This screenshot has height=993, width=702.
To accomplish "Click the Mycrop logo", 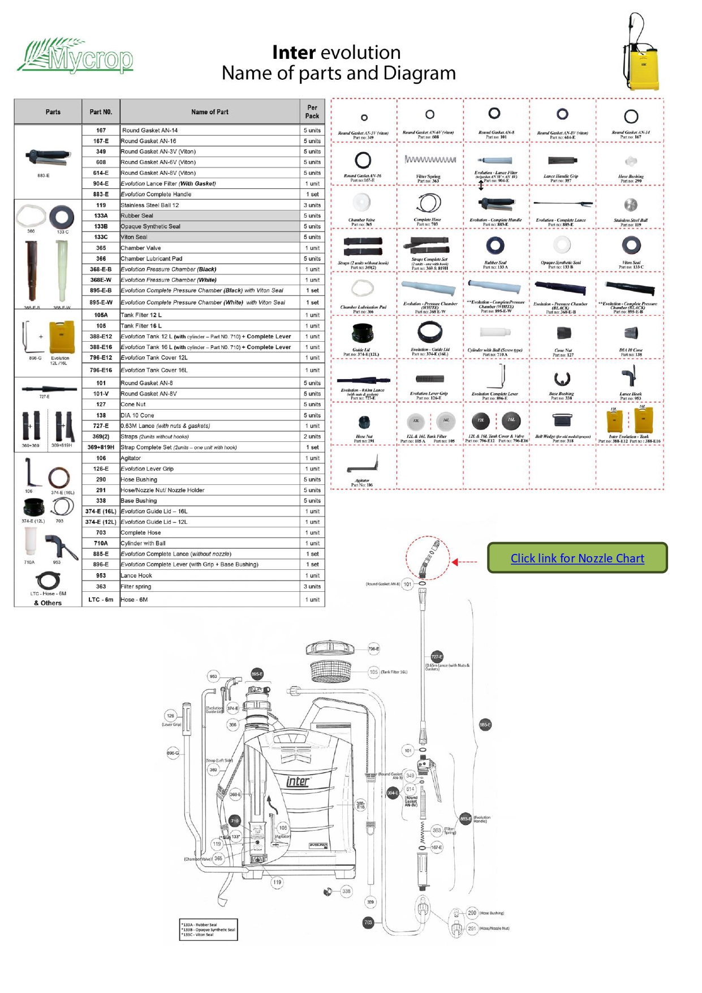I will tap(76, 57).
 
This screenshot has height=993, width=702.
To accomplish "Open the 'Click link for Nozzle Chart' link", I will tap(577, 558).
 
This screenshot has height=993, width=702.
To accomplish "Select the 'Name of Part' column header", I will tap(210, 112).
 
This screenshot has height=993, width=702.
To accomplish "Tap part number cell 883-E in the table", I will tap(101, 194).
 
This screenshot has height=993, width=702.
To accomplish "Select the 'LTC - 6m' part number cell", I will tap(101, 600).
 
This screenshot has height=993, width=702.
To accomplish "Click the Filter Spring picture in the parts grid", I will tap(430, 160).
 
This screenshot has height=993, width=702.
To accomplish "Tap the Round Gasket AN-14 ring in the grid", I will tap(631, 117).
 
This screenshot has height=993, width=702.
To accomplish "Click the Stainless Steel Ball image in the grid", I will tap(630, 205).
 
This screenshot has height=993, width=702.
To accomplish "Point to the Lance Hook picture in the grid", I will tap(630, 375).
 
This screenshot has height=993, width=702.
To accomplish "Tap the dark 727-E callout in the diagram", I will tap(437, 657).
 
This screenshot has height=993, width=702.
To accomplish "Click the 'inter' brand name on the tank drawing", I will tap(298, 781).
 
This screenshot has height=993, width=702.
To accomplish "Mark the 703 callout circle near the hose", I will tap(368, 922).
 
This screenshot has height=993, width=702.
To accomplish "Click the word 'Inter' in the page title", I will tap(294, 53).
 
